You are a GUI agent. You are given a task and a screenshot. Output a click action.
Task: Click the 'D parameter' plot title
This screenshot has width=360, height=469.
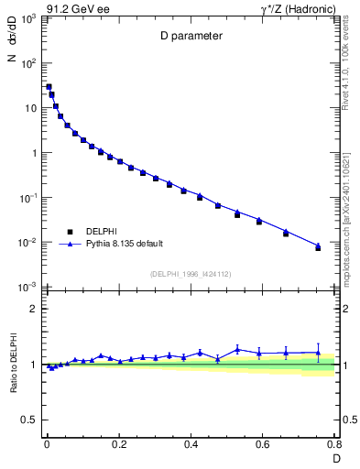(190, 38)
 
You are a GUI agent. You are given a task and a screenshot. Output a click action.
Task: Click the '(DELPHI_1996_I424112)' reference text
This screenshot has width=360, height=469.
(190, 273)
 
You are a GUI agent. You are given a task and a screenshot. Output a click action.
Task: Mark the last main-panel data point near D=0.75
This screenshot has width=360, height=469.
(318, 247)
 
